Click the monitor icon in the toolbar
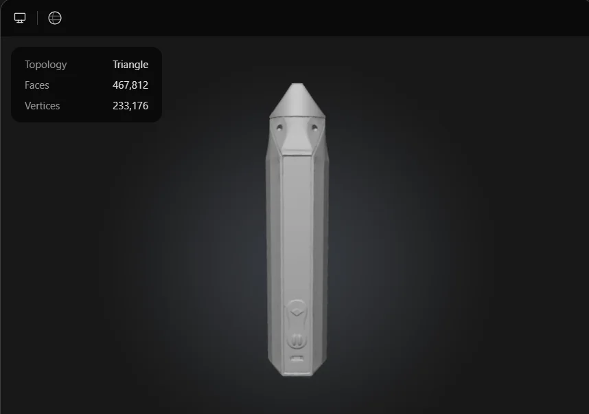pyautogui.click(x=20, y=18)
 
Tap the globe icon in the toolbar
pyautogui.click(x=55, y=18)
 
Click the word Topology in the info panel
pyautogui.click(x=45, y=65)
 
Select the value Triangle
pyautogui.click(x=130, y=65)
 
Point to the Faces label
pyautogui.click(x=37, y=85)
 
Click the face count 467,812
pyautogui.click(x=130, y=85)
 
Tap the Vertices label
pyautogui.click(x=42, y=106)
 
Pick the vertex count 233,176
pyautogui.click(x=130, y=106)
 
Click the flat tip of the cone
pyautogui.click(x=297, y=84)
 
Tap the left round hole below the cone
pyautogui.click(x=279, y=128)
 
